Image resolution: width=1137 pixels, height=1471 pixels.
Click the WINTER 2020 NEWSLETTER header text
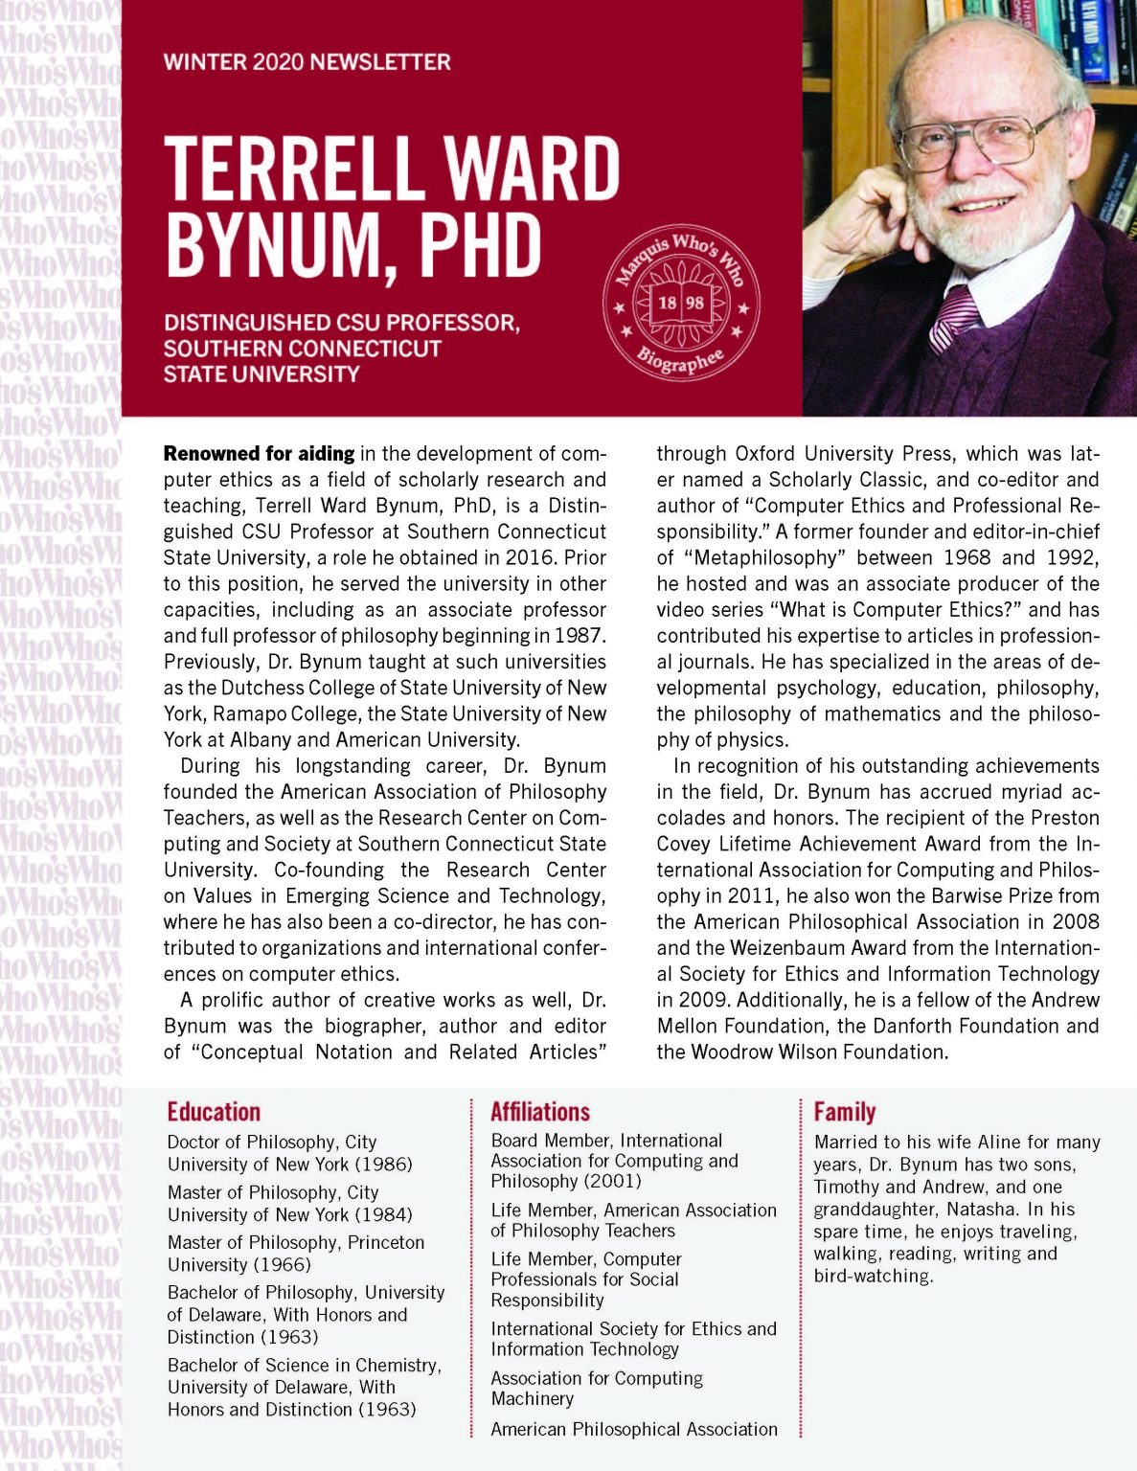pos(307,62)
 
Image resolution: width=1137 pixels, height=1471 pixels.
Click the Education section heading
pos(214,1112)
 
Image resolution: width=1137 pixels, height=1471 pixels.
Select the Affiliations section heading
pos(540,1112)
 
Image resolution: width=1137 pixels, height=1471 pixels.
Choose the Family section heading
pos(845,1112)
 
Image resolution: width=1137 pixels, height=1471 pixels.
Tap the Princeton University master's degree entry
pos(295,1254)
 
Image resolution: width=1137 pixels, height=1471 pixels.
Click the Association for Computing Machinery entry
pos(596,1389)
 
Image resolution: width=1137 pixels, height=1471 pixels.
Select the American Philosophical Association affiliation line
pos(634,1430)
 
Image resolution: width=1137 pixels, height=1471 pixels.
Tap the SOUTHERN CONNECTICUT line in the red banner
pos(303,349)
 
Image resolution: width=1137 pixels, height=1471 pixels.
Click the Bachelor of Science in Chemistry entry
pos(304,1387)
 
